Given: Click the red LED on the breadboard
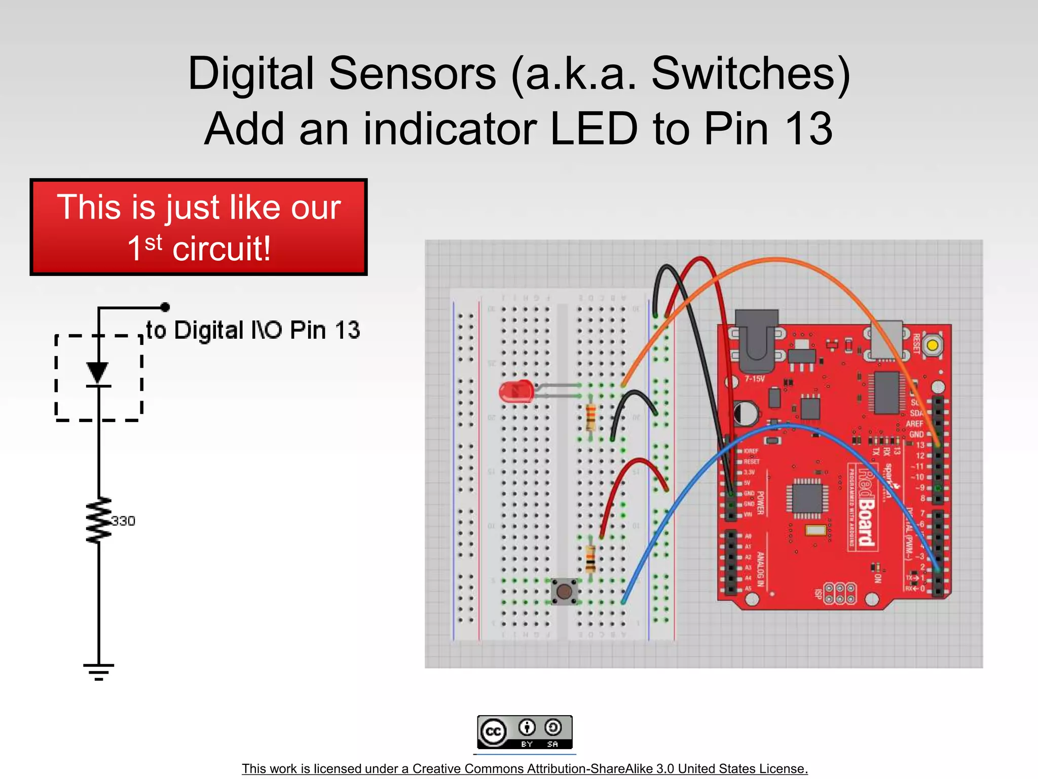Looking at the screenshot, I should click(516, 392).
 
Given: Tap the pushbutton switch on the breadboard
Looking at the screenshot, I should click(564, 591).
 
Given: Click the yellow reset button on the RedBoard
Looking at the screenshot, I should click(932, 346).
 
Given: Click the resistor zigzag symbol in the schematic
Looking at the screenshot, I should click(99, 520).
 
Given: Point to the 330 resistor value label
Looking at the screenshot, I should click(123, 521).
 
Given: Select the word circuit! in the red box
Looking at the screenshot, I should click(221, 249).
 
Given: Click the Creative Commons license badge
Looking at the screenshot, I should click(525, 732).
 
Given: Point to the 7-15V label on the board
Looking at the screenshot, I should click(754, 379).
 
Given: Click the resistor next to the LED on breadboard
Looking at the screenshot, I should click(590, 417).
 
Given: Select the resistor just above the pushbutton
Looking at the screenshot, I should click(590, 558).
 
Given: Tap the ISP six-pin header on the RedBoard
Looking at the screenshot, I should click(840, 594).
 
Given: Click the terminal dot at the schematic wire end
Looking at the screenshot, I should click(165, 307).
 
